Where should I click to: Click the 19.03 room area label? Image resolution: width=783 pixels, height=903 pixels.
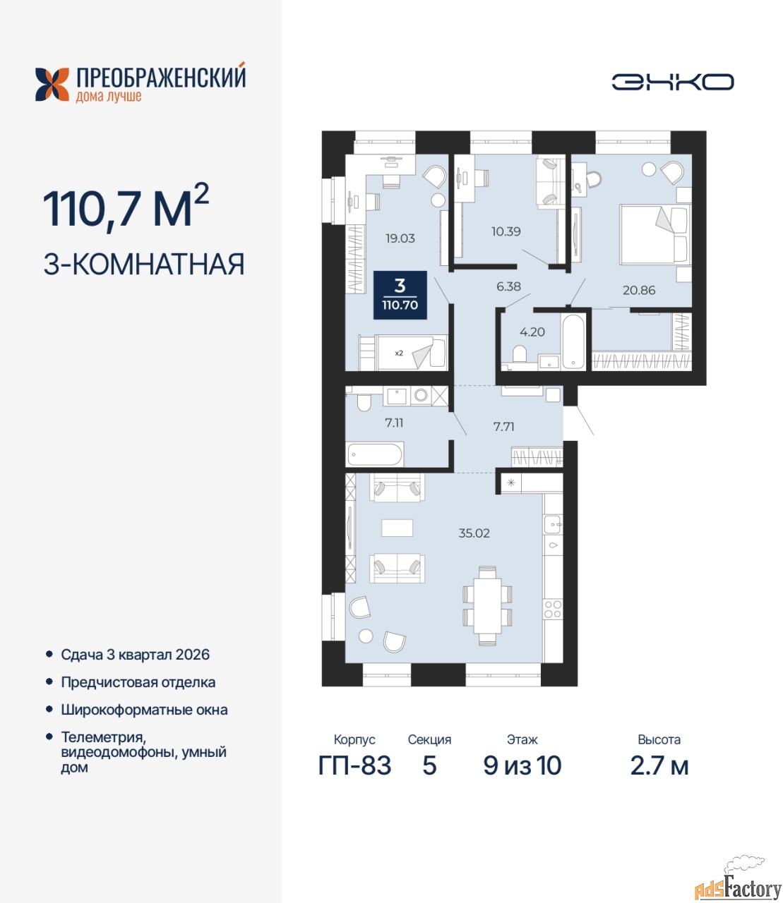pyautogui.click(x=400, y=238)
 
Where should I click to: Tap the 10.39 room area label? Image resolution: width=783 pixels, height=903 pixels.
pyautogui.click(x=506, y=231)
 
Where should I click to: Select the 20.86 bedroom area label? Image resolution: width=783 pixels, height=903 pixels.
pyautogui.click(x=639, y=290)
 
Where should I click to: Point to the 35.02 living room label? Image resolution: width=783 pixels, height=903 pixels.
pyautogui.click(x=474, y=533)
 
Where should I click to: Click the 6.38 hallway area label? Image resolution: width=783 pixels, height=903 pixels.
pyautogui.click(x=508, y=286)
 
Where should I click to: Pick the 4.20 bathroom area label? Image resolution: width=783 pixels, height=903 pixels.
pyautogui.click(x=532, y=332)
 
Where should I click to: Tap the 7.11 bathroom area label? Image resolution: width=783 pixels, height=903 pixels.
pyautogui.click(x=394, y=423)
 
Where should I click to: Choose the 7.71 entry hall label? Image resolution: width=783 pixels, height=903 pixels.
pyautogui.click(x=503, y=426)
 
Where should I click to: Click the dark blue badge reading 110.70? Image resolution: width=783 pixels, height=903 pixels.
pyautogui.click(x=400, y=295)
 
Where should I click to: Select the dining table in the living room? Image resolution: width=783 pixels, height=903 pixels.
pyautogui.click(x=487, y=605)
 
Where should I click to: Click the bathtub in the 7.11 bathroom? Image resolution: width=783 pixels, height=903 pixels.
pyautogui.click(x=375, y=454)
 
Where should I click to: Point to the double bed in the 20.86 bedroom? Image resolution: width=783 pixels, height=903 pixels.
pyautogui.click(x=655, y=235)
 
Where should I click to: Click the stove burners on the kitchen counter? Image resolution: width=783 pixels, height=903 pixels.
pyautogui.click(x=553, y=609)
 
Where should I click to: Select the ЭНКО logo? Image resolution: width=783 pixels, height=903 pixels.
pyautogui.click(x=672, y=82)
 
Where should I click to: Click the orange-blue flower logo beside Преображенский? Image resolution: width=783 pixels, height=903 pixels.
pyautogui.click(x=52, y=85)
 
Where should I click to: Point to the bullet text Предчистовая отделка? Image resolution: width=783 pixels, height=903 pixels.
pyautogui.click(x=138, y=682)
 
